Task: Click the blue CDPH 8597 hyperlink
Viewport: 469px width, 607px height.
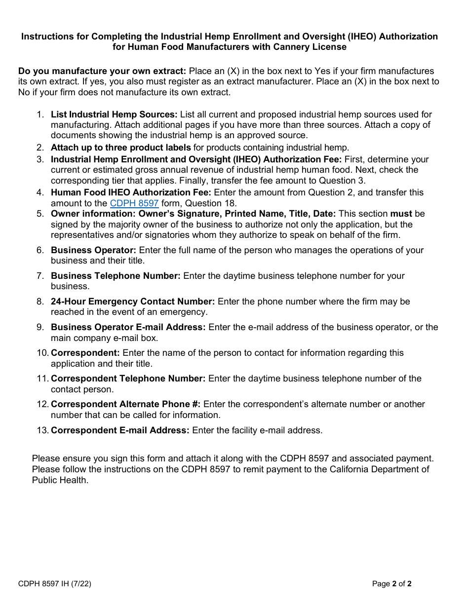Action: point(134,203)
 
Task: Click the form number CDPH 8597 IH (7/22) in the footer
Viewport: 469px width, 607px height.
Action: point(55,584)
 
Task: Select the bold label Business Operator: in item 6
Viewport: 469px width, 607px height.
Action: point(93,250)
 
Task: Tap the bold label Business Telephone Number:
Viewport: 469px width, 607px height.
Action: point(116,276)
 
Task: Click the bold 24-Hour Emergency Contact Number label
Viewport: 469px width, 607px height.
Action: point(133,302)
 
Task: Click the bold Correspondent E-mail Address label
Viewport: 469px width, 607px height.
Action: point(120,430)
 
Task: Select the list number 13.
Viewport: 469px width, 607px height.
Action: point(41,430)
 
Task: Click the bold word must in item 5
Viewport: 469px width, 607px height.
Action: point(401,214)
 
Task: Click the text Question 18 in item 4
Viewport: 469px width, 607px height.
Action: point(211,203)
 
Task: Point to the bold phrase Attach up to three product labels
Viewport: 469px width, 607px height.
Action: point(120,148)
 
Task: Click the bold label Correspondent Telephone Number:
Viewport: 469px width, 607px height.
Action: point(128,379)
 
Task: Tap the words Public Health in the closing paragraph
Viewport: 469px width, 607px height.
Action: point(60,480)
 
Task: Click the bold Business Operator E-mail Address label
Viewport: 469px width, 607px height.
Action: point(128,327)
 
